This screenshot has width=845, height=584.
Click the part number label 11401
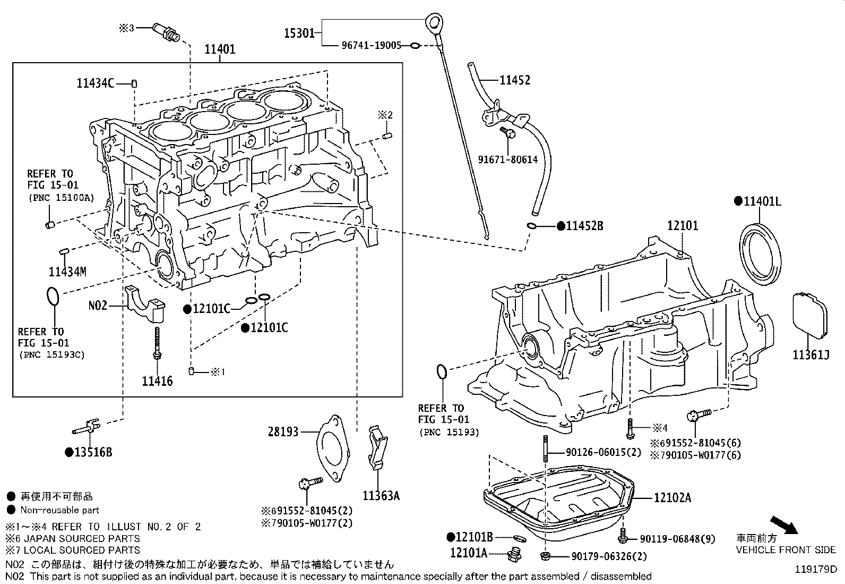tap(220, 49)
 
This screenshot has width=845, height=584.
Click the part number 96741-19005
tap(371, 46)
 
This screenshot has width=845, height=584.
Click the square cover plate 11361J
tap(810, 315)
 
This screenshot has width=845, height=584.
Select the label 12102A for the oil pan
tap(672, 498)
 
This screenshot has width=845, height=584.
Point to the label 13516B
tap(93, 452)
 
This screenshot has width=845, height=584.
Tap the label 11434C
tap(95, 83)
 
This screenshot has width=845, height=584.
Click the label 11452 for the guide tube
tap(514, 80)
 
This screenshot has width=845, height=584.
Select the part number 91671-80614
tap(507, 159)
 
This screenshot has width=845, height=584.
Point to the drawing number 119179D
tap(815, 569)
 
